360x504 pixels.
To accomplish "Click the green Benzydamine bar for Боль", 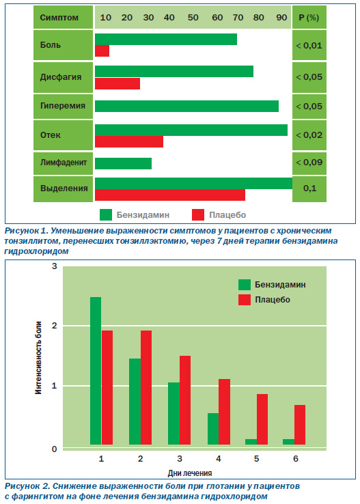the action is pos(166,39).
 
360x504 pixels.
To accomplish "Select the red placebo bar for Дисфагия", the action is pos(117,83).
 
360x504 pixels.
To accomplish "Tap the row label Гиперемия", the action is pos(63,106).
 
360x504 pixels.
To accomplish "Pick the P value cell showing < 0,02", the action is pos(309,135).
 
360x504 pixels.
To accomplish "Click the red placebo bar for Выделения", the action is pos(170,195).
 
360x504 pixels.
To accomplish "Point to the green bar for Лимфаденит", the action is pos(123,163).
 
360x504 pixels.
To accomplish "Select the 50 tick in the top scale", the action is pos(193,17).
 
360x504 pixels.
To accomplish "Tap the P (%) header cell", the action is pos(309,17).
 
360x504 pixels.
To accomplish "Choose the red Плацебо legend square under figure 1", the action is pos(198,214).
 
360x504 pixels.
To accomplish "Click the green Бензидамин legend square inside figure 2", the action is pos(245,285).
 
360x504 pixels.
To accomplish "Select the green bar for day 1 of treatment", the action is pos(96,371).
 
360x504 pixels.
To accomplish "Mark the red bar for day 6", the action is pos(300,425).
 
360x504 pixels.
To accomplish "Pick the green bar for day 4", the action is pos(213,429).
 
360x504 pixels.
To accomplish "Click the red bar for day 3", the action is pos(185,400).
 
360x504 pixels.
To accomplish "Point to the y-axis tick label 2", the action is pos(55,326).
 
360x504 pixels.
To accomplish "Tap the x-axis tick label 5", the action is pos(256,459).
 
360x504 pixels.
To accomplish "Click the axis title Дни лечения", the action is pos(190,473).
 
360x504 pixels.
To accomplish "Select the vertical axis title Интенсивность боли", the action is pos(38,357).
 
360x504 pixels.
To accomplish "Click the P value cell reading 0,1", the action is pos(309,188).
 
